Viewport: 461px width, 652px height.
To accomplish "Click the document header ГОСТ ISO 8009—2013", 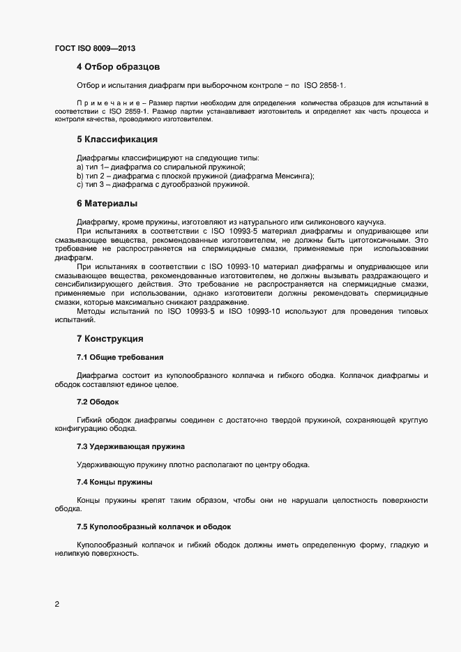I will click(x=95, y=49).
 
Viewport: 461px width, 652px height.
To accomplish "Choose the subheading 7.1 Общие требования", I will click(x=120, y=358).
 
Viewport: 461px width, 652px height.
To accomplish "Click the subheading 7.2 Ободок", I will click(x=98, y=402).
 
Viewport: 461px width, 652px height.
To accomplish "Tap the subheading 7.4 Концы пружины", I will click(x=114, y=482).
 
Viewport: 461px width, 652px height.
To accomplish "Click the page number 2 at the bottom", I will click(x=57, y=604).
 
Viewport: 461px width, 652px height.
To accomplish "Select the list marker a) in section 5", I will click(x=80, y=167).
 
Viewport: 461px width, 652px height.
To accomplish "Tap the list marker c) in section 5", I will click(x=80, y=185).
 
